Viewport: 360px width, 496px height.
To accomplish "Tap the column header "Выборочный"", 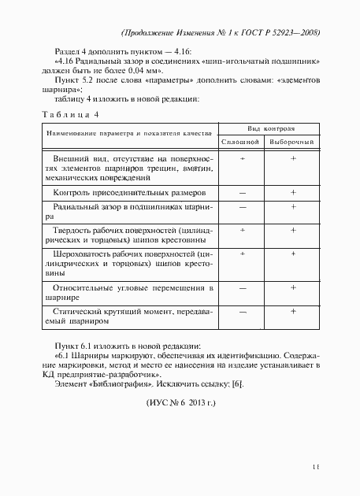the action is (x=292, y=142).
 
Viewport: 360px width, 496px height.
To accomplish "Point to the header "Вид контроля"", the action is (x=268, y=128).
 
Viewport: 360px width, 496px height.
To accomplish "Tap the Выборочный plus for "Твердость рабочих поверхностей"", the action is (x=292, y=230).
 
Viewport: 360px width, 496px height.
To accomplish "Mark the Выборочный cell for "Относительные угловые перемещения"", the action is (x=292, y=287).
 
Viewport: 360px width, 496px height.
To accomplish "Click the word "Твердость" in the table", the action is (x=72, y=231).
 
